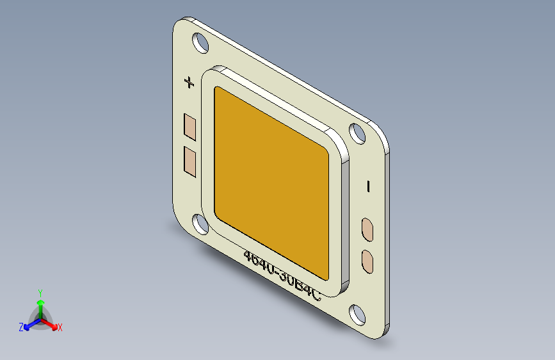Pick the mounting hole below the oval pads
point(357,314)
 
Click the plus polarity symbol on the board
point(189,82)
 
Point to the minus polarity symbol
point(369,186)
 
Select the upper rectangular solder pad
point(190,127)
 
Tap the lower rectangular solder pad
point(190,160)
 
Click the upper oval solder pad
point(369,229)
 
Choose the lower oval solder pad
point(369,261)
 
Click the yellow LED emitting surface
point(272,183)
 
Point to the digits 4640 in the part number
point(259,263)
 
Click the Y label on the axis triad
point(40,292)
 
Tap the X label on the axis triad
point(60,328)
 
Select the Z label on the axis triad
point(21,327)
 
